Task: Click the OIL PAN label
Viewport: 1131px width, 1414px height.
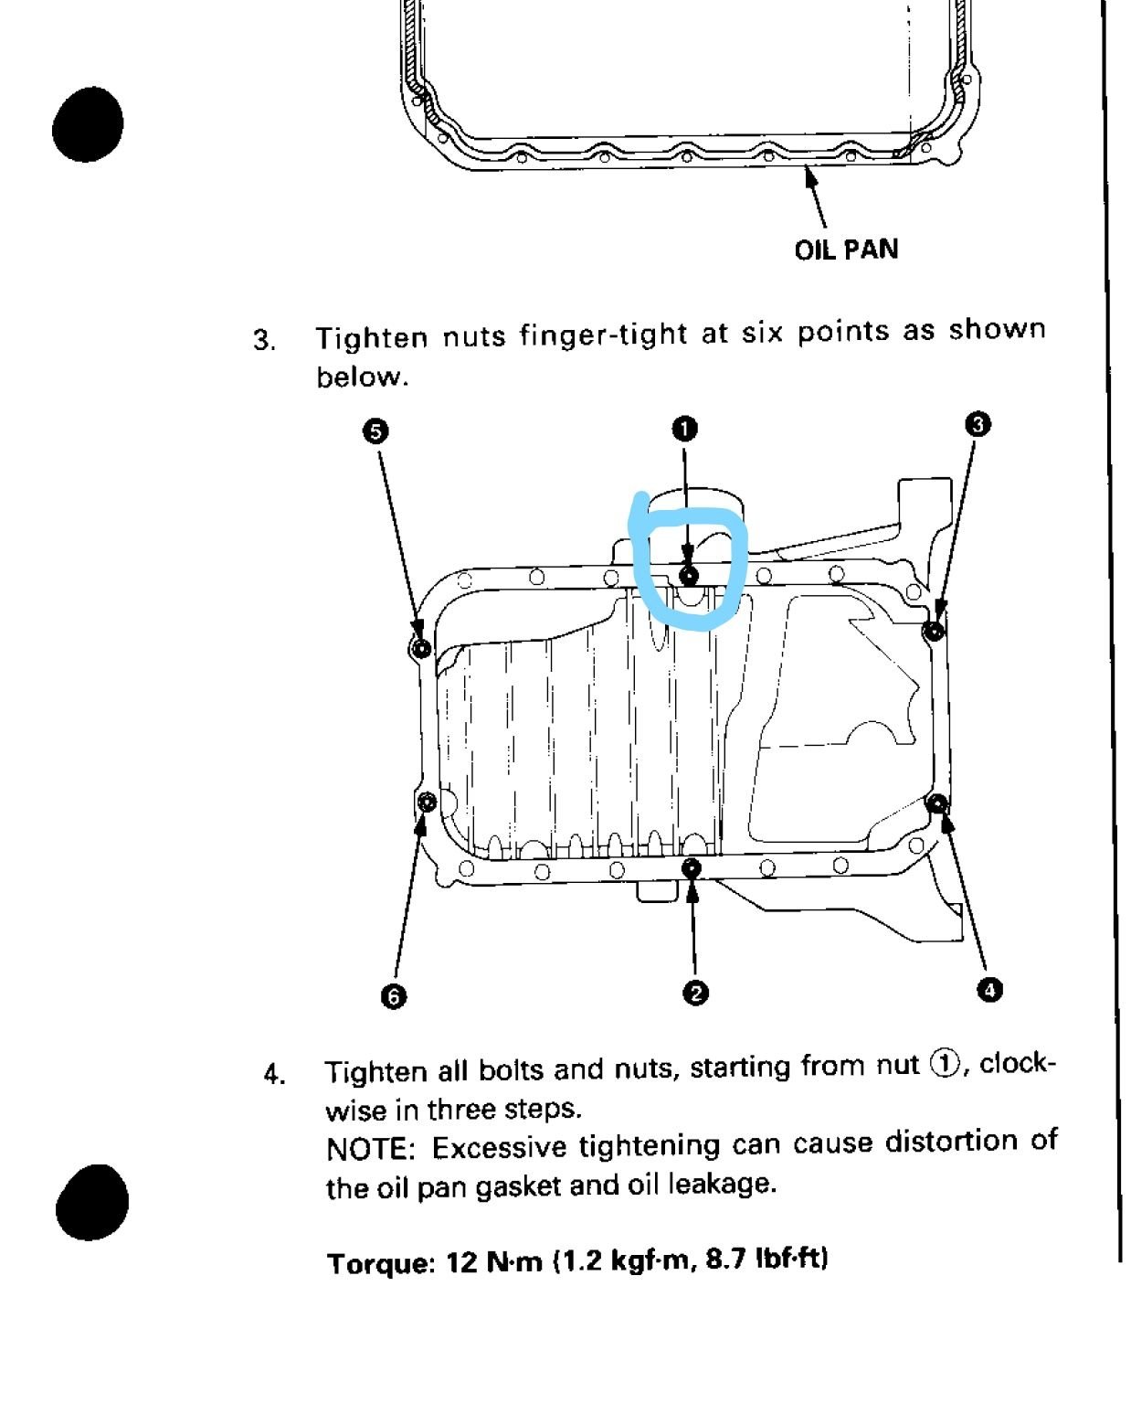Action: pyautogui.click(x=846, y=250)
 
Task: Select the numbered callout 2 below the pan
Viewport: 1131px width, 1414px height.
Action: pyautogui.click(x=694, y=993)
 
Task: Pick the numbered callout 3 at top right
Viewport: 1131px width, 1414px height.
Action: pyautogui.click(x=977, y=423)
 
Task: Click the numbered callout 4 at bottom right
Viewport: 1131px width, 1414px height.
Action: pyautogui.click(x=989, y=989)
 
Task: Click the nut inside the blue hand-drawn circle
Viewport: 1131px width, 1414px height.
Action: pyautogui.click(x=689, y=575)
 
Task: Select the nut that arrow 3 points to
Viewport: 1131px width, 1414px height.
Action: pyautogui.click(x=934, y=631)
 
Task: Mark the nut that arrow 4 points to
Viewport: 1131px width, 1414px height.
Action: pyautogui.click(x=936, y=803)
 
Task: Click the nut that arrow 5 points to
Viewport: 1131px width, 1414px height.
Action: pyautogui.click(x=421, y=648)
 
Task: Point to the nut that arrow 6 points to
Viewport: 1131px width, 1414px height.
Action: pyautogui.click(x=426, y=803)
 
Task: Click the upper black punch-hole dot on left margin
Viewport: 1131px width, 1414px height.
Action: pyautogui.click(x=88, y=123)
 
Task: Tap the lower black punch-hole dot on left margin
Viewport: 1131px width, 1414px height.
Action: pyautogui.click(x=91, y=1201)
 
